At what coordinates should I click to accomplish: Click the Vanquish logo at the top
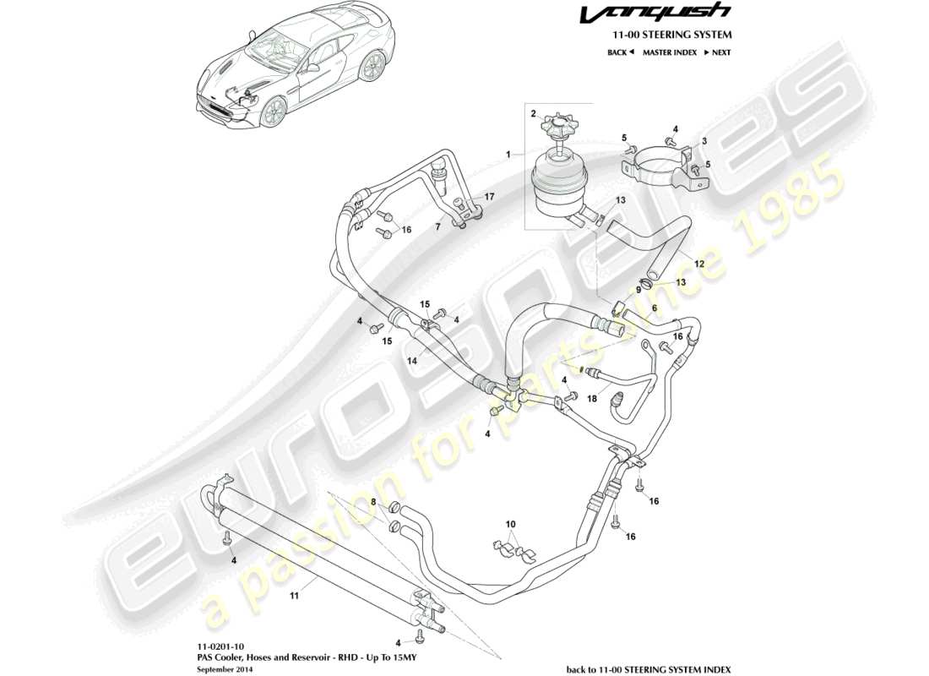pos(666,13)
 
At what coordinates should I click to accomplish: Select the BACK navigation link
pos(619,52)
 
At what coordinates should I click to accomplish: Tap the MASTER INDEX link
pos(669,52)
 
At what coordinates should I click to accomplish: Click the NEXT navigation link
pos(717,52)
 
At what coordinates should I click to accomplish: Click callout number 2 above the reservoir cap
pos(534,113)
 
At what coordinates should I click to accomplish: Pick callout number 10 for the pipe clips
pos(509,525)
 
